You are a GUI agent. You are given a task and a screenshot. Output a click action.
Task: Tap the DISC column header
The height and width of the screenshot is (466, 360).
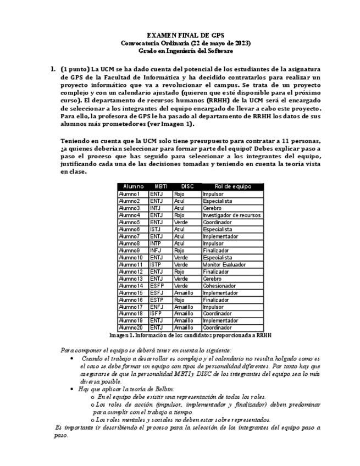pos(187,187)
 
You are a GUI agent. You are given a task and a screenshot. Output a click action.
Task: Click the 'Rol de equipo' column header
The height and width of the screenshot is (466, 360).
pos(232,187)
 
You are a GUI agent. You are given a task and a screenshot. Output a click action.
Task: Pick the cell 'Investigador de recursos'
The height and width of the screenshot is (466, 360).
pos(231,215)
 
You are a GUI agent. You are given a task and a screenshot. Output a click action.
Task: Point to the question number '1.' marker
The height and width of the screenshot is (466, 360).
pos(53,69)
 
